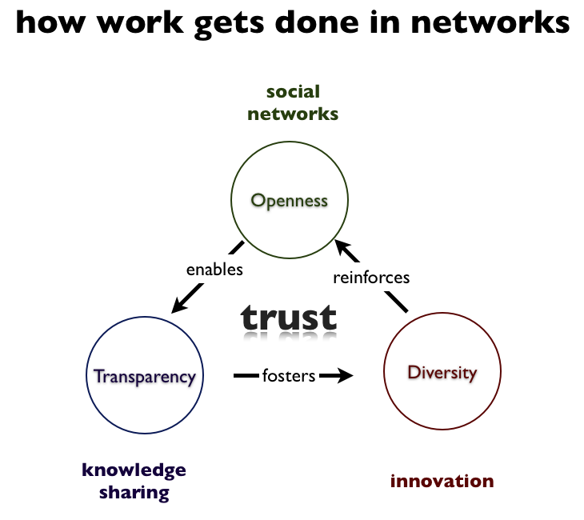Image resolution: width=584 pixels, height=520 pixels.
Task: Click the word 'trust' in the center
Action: pyautogui.click(x=290, y=318)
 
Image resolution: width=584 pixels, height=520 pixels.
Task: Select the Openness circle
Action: pyautogui.click(x=290, y=200)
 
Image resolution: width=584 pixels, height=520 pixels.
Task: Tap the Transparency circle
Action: pyautogui.click(x=145, y=376)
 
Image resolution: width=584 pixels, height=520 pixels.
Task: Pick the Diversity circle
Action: pyautogui.click(x=442, y=373)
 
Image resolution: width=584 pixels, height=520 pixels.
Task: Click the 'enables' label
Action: pyautogui.click(x=214, y=270)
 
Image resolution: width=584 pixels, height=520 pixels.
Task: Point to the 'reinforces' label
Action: pyautogui.click(x=371, y=278)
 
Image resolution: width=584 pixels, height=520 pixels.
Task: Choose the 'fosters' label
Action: pyautogui.click(x=289, y=374)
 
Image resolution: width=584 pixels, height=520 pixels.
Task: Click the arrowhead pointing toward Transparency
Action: pyautogui.click(x=180, y=305)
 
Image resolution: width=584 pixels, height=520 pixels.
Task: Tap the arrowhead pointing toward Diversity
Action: pyautogui.click(x=345, y=374)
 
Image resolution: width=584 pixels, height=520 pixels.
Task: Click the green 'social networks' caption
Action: pyautogui.click(x=293, y=102)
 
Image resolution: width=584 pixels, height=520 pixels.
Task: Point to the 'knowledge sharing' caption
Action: pyautogui.click(x=134, y=481)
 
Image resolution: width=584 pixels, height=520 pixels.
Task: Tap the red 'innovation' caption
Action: pyautogui.click(x=442, y=481)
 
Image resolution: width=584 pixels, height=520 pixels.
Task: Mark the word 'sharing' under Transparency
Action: pyautogui.click(x=134, y=492)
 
